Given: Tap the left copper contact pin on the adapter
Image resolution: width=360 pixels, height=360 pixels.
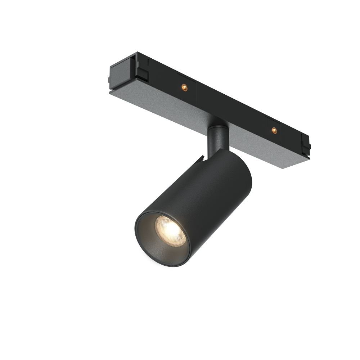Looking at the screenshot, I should point(184,87).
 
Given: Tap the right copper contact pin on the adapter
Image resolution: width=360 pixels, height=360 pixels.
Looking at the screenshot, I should point(274,130).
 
